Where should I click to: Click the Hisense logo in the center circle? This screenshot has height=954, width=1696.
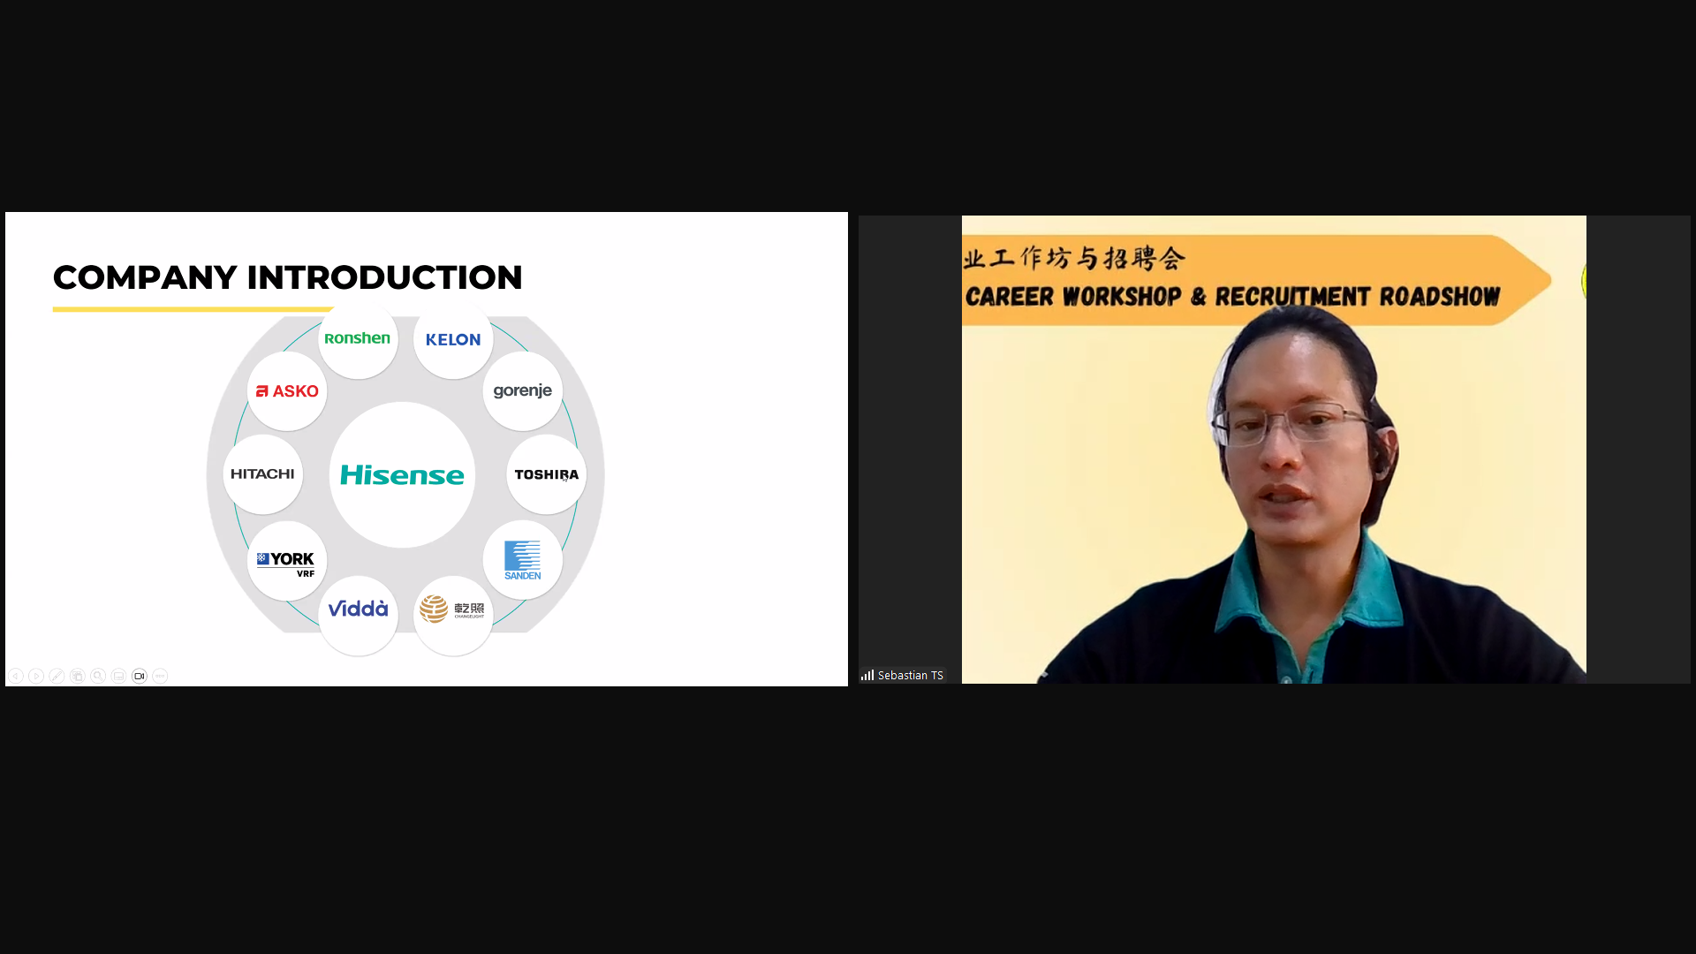[x=402, y=475]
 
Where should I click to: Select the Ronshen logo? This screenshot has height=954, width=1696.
[x=357, y=338]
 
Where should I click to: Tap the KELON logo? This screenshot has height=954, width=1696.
[x=453, y=339]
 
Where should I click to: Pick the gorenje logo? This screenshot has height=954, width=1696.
[x=523, y=391]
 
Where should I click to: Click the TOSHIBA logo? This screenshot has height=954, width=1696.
[x=547, y=474]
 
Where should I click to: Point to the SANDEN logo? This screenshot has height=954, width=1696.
[x=523, y=560]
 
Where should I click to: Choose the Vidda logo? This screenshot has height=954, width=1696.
[x=358, y=609]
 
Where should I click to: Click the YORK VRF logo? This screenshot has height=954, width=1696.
[x=286, y=564]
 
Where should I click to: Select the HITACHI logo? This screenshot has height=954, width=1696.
[x=262, y=474]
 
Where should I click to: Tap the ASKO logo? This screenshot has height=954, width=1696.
[x=287, y=391]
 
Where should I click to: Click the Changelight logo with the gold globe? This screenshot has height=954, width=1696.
[x=452, y=609]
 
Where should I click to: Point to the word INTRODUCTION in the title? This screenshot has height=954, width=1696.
[x=384, y=277]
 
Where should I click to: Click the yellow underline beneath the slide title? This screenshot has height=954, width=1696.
[x=193, y=309]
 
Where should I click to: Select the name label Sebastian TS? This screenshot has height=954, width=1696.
[x=911, y=676]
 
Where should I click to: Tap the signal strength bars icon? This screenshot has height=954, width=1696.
[x=867, y=675]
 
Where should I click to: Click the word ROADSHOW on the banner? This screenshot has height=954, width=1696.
[x=1440, y=297]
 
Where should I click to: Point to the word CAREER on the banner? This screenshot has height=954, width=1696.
[x=1010, y=297]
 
